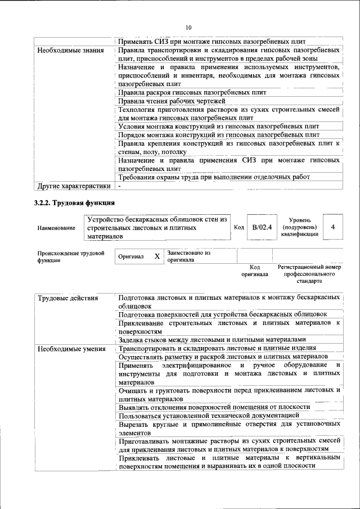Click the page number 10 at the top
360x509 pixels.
(x=188, y=27)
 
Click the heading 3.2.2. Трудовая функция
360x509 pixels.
(x=74, y=202)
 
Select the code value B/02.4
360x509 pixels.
(x=262, y=227)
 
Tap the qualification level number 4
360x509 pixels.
(x=334, y=227)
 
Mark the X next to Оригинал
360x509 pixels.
(x=157, y=256)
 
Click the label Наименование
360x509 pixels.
(x=56, y=228)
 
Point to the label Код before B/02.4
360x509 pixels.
(x=238, y=227)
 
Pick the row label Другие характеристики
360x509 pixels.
(x=73, y=186)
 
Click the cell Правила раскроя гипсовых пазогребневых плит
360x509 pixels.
(x=192, y=92)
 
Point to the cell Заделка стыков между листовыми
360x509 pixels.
(x=211, y=340)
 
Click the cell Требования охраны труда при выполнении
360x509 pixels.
(x=214, y=177)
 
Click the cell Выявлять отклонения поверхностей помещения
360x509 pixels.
(x=214, y=407)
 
